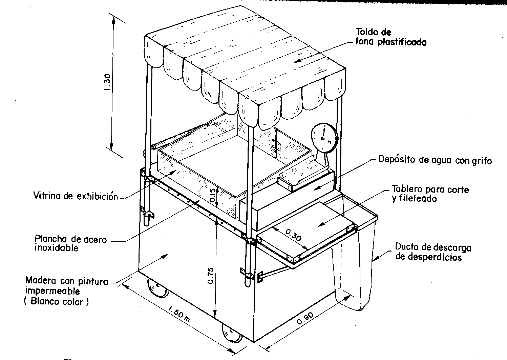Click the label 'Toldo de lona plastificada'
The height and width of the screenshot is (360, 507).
(x=391, y=37)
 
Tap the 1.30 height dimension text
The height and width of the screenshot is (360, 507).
(x=107, y=82)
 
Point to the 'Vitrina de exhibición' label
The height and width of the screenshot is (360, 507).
(x=76, y=196)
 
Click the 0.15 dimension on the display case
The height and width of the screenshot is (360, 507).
(x=213, y=195)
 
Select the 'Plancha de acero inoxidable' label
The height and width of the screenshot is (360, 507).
(x=71, y=243)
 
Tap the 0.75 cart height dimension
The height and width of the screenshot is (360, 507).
(x=211, y=276)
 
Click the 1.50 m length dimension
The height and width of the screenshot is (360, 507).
(x=179, y=314)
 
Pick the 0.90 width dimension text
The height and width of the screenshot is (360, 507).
(x=305, y=318)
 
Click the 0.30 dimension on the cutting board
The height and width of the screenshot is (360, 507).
(x=293, y=235)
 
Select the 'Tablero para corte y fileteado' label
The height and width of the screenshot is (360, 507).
(x=430, y=194)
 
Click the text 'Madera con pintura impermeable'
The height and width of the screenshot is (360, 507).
(x=66, y=286)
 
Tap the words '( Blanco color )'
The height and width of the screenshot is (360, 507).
(x=57, y=302)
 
